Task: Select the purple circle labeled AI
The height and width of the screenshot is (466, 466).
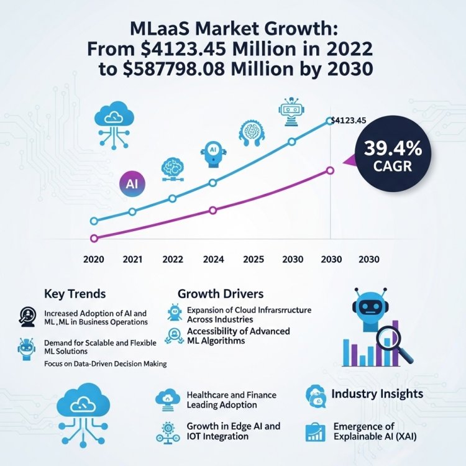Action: point(131,185)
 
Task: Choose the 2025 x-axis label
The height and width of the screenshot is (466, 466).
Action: point(252,259)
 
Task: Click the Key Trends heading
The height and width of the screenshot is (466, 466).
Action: point(75,294)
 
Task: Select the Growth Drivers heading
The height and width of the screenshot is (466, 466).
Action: point(220,293)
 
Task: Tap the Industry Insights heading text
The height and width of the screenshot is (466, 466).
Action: point(377,394)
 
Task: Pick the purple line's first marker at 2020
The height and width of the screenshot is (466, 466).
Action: point(94,238)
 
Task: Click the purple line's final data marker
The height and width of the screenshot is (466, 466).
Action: point(329,171)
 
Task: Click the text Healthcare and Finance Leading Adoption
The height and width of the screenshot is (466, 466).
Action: point(231,400)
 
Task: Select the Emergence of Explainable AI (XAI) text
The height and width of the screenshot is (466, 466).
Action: point(372,432)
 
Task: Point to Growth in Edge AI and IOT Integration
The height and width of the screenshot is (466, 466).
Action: point(233,431)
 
